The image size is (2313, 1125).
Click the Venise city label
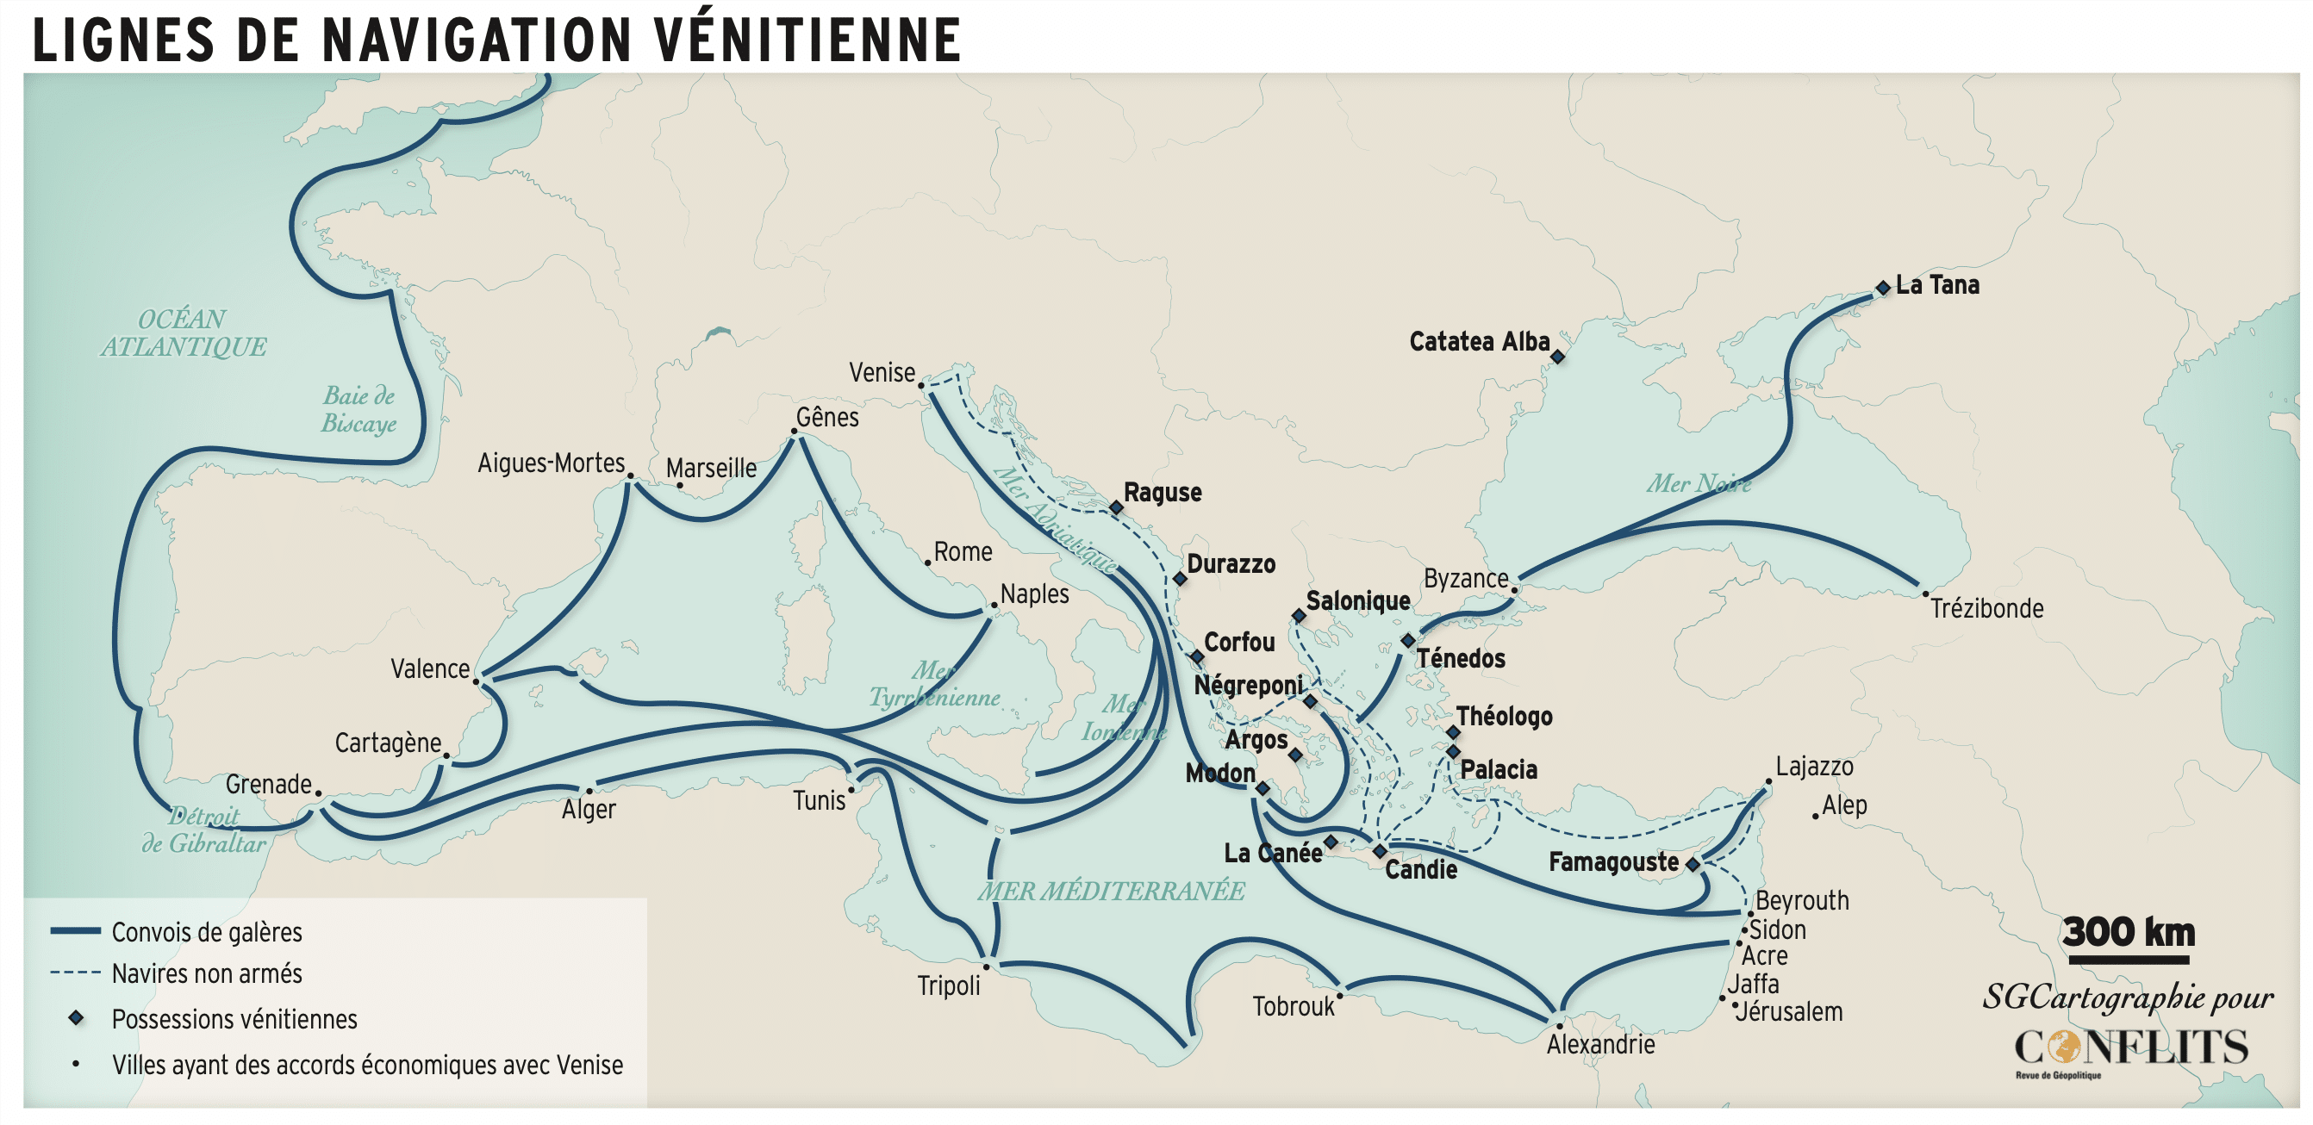coord(882,373)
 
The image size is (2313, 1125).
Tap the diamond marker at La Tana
coord(1883,289)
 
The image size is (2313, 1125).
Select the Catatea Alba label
coord(1479,342)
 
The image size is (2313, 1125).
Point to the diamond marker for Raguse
coord(1116,508)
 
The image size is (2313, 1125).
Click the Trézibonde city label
coord(1986,609)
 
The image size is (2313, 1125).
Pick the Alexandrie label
coord(1600,1044)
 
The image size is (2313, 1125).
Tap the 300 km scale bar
coord(2128,960)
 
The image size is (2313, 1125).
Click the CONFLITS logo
coord(2129,1047)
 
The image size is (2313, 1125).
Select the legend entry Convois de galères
coord(207,932)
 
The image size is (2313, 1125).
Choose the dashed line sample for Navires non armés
coord(76,973)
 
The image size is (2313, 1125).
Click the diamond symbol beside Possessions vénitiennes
coord(77,1018)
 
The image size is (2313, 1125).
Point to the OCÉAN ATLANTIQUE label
coord(184,333)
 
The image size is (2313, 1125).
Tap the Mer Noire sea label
coord(1698,484)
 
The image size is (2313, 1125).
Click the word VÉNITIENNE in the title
coord(807,40)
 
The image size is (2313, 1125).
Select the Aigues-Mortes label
coord(551,463)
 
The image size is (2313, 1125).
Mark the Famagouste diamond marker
coord(1693,865)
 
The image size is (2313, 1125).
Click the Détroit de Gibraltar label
coord(205,830)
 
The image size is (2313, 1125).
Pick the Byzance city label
coord(1465,579)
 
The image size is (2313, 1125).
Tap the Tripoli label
coord(948,985)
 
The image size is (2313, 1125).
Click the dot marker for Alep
coord(1815,816)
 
